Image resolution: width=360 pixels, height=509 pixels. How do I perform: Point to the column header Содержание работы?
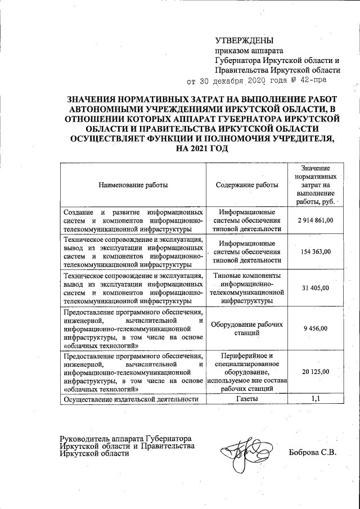pyautogui.click(x=246, y=184)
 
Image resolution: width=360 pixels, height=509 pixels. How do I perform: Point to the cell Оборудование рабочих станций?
pyautogui.click(x=246, y=328)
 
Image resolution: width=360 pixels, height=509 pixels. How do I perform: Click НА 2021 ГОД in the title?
pyautogui.click(x=204, y=148)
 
